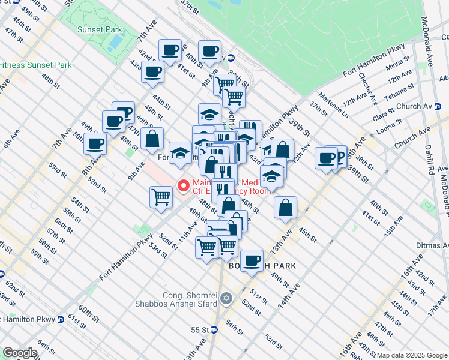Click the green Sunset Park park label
click(100, 29)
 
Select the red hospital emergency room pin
click(183, 185)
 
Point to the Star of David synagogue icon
click(226, 298)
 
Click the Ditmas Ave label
click(432, 245)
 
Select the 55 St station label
click(199, 330)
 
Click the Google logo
click(20, 353)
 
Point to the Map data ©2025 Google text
click(412, 355)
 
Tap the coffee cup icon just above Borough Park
click(252, 260)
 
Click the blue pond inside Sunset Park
click(112, 41)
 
